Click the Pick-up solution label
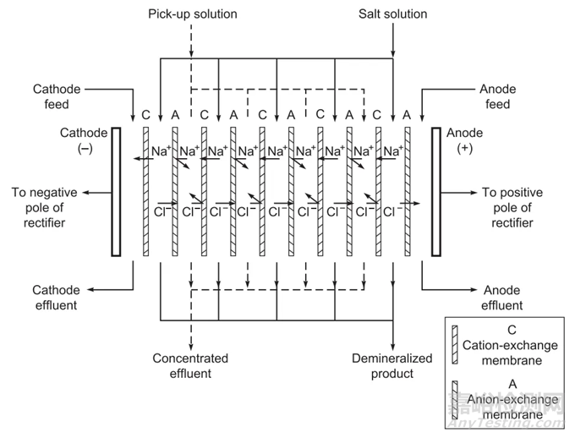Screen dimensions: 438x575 point(192,14)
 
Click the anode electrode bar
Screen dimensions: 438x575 point(437,190)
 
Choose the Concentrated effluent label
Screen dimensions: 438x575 point(190,366)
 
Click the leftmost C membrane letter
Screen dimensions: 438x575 point(146,115)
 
